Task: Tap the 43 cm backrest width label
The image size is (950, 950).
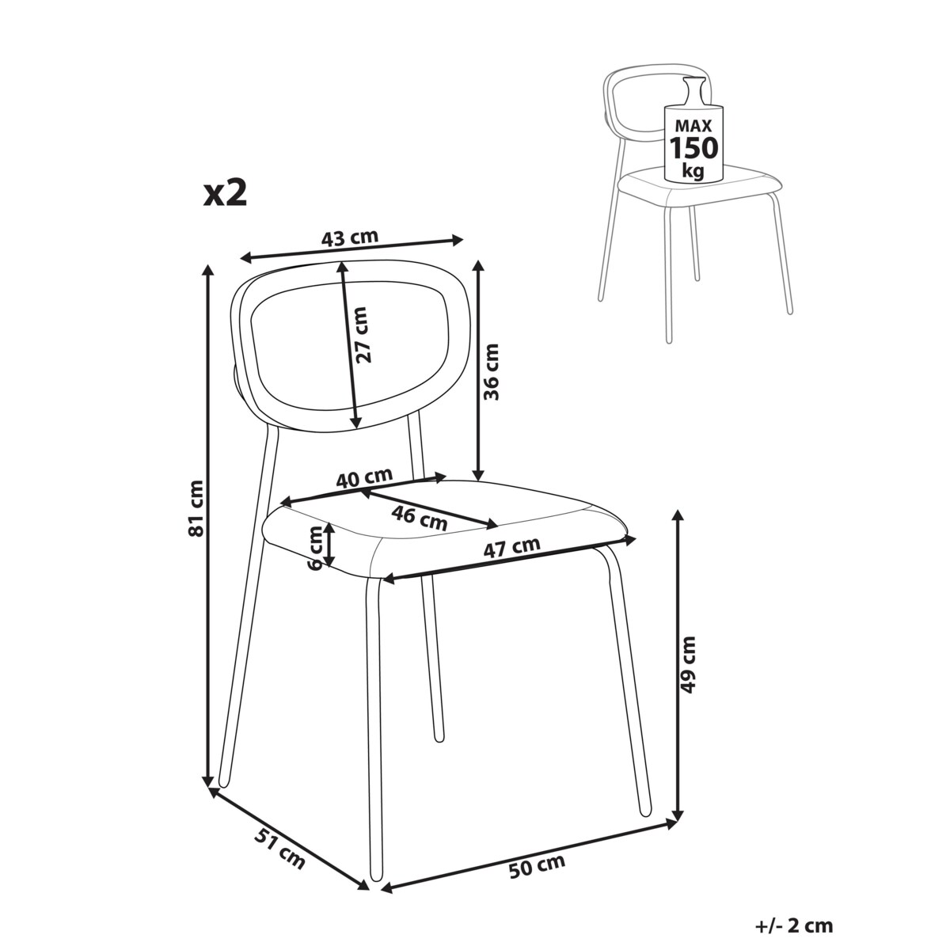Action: [x=350, y=237]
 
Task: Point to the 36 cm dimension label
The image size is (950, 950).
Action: [x=491, y=372]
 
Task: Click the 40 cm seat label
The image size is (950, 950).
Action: [x=364, y=477]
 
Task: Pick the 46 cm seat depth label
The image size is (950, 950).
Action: [x=420, y=518]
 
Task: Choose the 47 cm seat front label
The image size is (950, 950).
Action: [x=511, y=547]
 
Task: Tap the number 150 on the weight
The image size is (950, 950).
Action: [x=693, y=147]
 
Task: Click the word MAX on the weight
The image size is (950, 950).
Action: [x=693, y=126]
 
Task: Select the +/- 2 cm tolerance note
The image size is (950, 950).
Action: [x=794, y=925]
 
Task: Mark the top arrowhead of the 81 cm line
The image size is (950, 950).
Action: [x=208, y=270]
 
